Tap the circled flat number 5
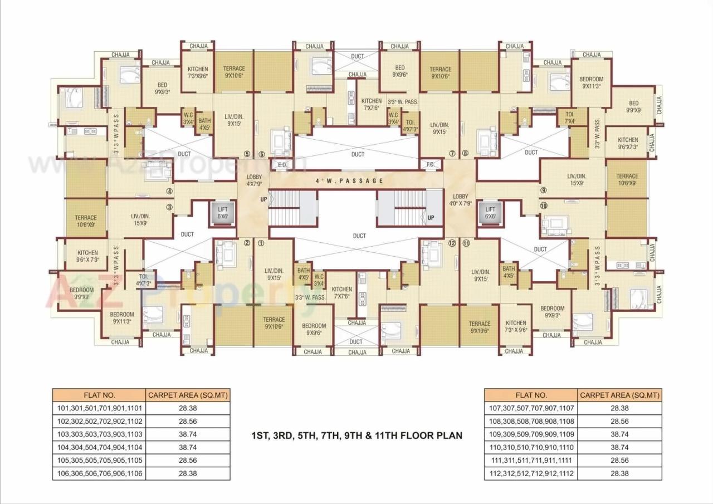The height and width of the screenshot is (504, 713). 247,154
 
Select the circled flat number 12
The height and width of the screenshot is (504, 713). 451,243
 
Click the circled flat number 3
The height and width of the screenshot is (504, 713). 169,207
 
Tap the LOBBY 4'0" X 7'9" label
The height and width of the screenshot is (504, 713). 461,200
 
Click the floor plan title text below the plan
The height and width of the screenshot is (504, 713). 356,436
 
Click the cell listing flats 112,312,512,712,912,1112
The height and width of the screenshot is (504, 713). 531,474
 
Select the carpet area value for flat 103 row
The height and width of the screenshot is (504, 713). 187,434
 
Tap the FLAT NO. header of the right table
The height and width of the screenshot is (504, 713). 531,395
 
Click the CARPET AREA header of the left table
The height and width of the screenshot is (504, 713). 187,395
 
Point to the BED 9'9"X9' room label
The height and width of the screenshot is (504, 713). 633,106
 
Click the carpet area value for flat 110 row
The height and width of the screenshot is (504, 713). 619,448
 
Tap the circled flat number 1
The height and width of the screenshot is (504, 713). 260,243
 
